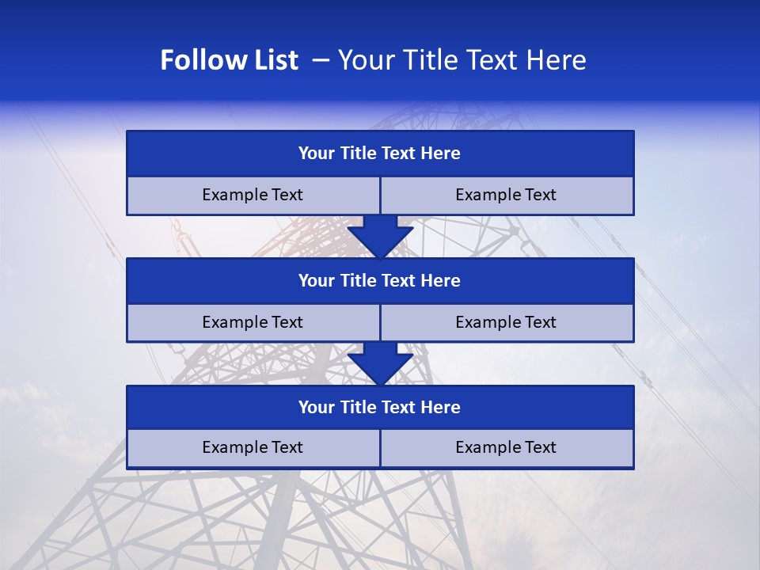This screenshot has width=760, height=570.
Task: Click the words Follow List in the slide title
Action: tap(229, 60)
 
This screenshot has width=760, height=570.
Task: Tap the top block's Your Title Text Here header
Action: tap(380, 154)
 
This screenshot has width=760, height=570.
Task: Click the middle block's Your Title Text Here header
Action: tap(380, 281)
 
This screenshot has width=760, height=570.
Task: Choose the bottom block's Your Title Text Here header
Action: tap(380, 408)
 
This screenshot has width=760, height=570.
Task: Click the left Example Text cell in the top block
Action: tap(253, 196)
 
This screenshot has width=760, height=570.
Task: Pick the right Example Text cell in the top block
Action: tap(507, 196)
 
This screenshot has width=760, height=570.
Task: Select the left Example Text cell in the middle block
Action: tap(253, 323)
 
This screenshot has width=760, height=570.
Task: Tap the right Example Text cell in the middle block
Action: tap(507, 323)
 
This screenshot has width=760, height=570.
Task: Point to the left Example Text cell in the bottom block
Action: tap(253, 448)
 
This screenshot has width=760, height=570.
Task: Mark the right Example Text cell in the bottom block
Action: tap(507, 448)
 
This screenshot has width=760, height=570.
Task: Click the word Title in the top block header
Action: tap(358, 154)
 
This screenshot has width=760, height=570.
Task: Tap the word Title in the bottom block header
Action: tap(358, 408)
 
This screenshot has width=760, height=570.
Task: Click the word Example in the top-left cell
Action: tap(231, 196)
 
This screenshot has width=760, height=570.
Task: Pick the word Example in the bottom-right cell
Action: tap(484, 448)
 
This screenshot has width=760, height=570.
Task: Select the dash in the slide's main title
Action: tap(321, 60)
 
